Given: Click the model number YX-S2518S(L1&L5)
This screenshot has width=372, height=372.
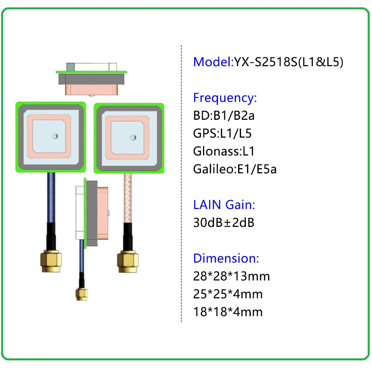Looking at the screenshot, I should click(x=288, y=61).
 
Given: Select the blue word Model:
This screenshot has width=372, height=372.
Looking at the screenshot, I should click(x=213, y=61).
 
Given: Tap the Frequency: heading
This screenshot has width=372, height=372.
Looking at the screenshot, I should click(x=225, y=98).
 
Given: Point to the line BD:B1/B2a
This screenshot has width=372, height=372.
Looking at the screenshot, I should click(x=224, y=116).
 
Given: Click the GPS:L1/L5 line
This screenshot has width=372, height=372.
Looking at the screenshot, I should click(x=225, y=134).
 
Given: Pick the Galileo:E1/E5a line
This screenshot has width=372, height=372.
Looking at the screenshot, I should click(x=235, y=169).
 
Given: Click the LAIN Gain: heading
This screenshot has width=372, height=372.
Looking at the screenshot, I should click(x=224, y=205).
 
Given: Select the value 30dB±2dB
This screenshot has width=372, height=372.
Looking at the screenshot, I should click(x=224, y=222).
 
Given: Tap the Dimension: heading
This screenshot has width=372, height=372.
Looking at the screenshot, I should click(x=226, y=258).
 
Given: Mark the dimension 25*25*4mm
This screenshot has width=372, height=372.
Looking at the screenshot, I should click(x=228, y=294).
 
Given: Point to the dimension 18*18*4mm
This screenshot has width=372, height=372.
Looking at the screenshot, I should click(x=228, y=312).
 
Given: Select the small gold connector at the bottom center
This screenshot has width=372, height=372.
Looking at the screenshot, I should click(x=81, y=294).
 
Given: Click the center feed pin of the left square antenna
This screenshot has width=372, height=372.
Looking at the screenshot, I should click(x=55, y=136).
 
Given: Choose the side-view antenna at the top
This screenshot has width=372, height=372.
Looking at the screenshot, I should click(x=91, y=78).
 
